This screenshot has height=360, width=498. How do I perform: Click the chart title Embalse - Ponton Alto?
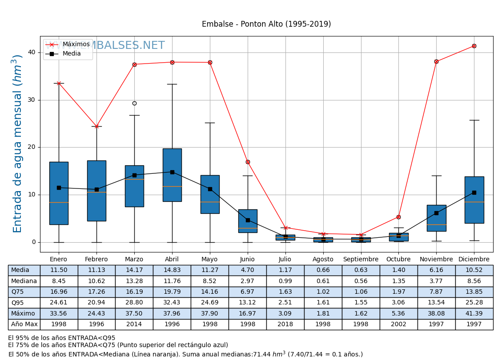(266, 24)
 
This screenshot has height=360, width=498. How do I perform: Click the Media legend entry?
(72, 54)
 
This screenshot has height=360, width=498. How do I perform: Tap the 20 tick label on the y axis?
(32, 147)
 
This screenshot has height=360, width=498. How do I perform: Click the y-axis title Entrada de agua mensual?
(17, 144)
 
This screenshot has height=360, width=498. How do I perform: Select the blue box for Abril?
(172, 175)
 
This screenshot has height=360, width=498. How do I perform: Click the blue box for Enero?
(59, 193)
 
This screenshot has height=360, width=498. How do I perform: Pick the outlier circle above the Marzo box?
(134, 103)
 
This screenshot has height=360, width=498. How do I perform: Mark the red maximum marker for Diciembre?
(474, 46)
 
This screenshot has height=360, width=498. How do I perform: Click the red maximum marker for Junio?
(248, 162)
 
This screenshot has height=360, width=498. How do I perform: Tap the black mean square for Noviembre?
(436, 213)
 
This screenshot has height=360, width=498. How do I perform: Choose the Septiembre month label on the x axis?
(361, 260)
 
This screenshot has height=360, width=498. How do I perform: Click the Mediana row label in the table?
(24, 281)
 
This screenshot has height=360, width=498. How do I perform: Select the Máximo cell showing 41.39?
(474, 313)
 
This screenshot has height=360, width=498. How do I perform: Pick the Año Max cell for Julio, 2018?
(285, 324)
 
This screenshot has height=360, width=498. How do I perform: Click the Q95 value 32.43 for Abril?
(172, 303)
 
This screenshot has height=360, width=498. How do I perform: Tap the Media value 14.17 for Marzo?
(134, 270)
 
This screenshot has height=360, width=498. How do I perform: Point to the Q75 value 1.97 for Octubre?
(398, 292)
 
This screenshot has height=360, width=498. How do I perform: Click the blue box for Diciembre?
(474, 200)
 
